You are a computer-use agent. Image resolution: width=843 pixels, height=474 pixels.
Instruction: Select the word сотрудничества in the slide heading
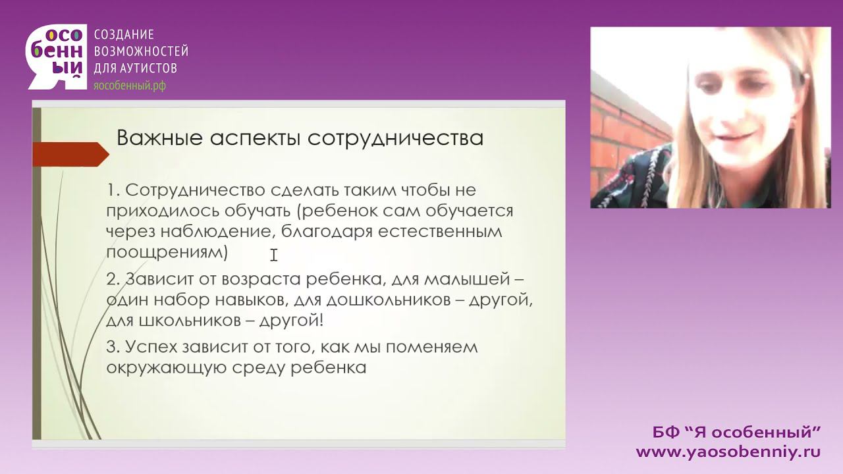[395, 138]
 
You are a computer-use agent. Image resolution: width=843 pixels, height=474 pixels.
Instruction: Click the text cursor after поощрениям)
[273, 255]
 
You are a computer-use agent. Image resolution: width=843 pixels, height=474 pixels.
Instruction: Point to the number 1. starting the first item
[113, 190]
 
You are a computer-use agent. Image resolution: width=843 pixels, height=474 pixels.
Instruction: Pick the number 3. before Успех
[113, 346]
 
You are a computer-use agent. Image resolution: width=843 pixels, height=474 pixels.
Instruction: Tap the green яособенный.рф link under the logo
[130, 86]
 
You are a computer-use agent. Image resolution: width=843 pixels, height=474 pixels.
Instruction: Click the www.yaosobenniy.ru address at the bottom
[728, 452]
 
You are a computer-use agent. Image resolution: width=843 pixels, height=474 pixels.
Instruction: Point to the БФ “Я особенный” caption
[736, 433]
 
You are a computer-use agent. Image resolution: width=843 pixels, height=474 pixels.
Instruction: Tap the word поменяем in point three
[435, 346]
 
